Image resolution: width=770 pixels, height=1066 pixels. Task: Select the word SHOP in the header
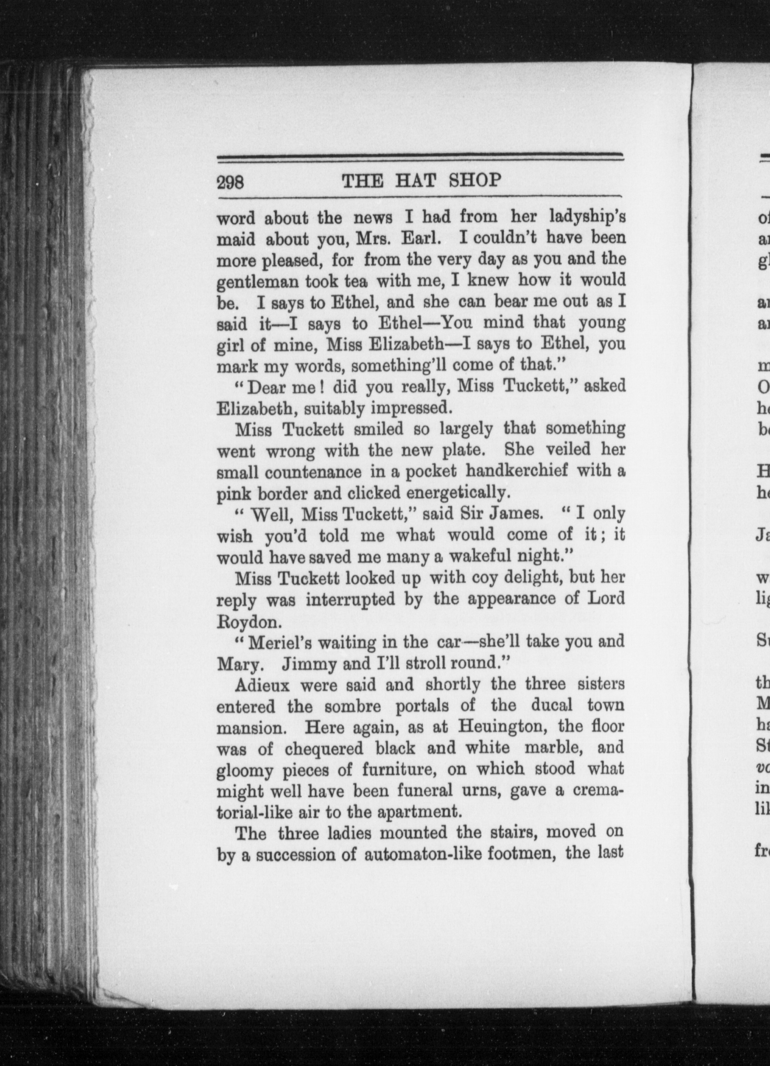[x=475, y=180]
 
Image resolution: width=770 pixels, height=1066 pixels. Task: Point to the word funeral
[x=424, y=791]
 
